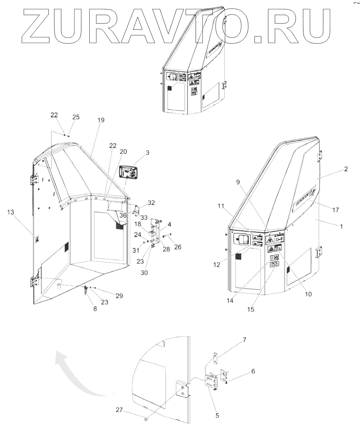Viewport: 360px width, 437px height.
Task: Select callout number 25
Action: (x=76, y=117)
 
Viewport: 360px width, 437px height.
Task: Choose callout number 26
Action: (x=177, y=247)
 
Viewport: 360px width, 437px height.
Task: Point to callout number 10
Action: (x=308, y=293)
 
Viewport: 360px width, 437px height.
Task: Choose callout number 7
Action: (x=244, y=340)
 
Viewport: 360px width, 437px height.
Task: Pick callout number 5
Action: (x=218, y=415)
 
